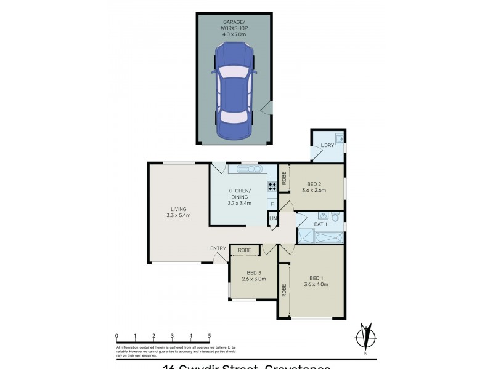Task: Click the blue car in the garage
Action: (233, 92)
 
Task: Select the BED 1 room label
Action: (316, 280)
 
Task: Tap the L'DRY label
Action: (327, 145)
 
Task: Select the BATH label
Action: (320, 224)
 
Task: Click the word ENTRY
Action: (218, 248)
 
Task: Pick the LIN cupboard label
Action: (273, 219)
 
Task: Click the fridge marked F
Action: (272, 204)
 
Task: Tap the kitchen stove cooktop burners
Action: (272, 186)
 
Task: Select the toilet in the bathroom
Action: (335, 216)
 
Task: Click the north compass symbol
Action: (366, 336)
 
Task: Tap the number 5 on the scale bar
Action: (210, 336)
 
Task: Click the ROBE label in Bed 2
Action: (284, 178)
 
